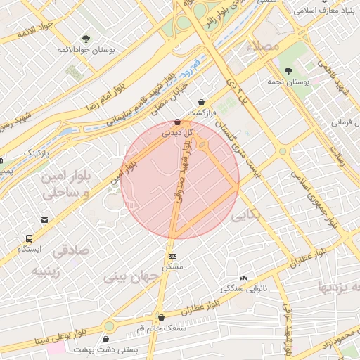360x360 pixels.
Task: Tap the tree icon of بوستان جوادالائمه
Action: tap(86, 39)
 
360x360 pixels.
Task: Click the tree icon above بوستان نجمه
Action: tap(288, 71)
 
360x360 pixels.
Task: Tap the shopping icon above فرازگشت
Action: tap(202, 102)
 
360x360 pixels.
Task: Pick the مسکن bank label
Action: tap(172, 266)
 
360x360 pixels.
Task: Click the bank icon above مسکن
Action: tap(172, 256)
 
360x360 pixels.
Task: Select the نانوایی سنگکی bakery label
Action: tap(241, 288)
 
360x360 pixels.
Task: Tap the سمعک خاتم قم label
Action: tap(161, 328)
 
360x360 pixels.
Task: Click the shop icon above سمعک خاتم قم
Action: tap(162, 317)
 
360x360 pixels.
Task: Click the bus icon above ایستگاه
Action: tap(29, 239)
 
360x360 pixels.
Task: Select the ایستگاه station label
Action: tap(30, 250)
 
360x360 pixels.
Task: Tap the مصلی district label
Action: tap(264, 46)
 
